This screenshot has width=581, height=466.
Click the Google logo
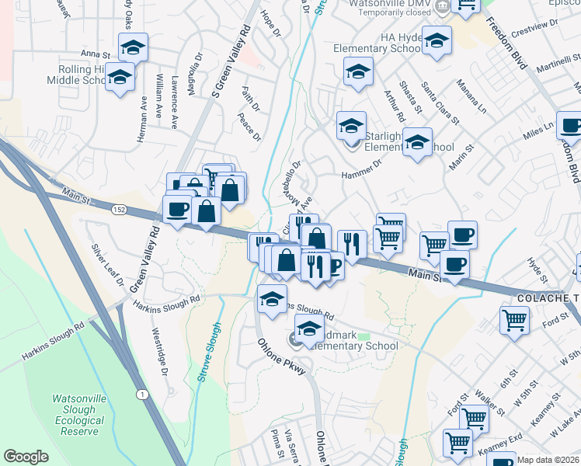pyautogui.click(x=26, y=456)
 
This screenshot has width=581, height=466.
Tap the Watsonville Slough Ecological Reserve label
pyautogui.click(x=78, y=415)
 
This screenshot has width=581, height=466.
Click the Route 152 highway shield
pyautogui.click(x=118, y=209)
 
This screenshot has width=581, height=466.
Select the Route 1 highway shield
pyautogui.click(x=142, y=395)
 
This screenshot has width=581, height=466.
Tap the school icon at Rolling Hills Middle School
pyautogui.click(x=120, y=78)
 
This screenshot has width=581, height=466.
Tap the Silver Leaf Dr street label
pyautogui.click(x=108, y=264)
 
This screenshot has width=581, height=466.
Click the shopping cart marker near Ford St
pyautogui.click(x=514, y=318)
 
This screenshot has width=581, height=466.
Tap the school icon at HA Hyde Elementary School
pyautogui.click(x=437, y=40)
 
